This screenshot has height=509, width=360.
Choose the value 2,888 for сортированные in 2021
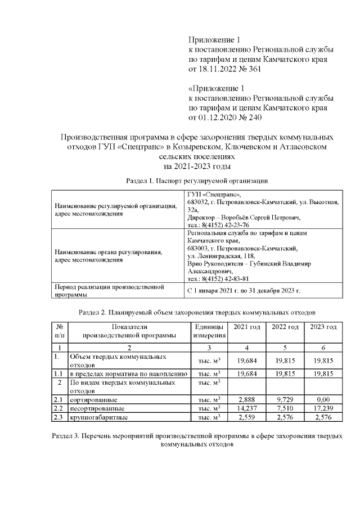[x=247, y=399]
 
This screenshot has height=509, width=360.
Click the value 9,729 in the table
[x=285, y=399]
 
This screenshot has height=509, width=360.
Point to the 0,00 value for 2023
[x=323, y=399]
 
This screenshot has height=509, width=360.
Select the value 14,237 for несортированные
[x=247, y=408]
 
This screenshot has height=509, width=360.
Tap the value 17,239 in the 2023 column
[x=323, y=408]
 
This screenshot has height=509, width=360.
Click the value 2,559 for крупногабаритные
[x=247, y=417]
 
